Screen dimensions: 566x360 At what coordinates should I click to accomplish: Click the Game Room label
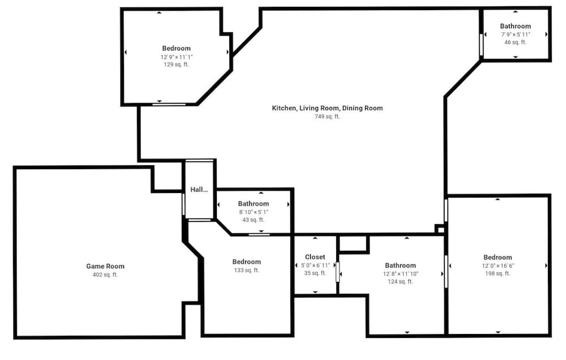point(105,266)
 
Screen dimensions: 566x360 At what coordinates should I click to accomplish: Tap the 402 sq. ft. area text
point(105,275)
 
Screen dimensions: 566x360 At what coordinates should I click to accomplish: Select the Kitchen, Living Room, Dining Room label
point(327,108)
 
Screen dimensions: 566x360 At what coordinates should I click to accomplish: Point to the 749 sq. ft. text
point(327,116)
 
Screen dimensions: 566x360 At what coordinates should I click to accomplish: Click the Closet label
point(315,257)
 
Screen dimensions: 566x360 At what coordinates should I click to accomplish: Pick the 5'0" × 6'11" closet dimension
point(315,265)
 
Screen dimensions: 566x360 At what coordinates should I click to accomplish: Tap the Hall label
point(199,190)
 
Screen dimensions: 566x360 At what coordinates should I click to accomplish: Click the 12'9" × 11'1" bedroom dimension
point(177,57)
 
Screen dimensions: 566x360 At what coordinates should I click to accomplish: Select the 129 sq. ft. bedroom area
point(176,65)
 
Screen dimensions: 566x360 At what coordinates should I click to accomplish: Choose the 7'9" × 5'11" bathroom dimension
point(516,35)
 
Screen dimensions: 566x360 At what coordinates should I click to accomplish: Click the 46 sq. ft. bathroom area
point(516,42)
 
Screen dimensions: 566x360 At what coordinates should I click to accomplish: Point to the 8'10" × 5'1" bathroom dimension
point(254,212)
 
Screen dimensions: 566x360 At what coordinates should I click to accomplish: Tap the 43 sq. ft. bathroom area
point(254,220)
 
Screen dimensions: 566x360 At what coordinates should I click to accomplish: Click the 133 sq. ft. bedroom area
point(247,270)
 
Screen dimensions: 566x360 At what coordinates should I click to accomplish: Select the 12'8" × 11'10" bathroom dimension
point(401,274)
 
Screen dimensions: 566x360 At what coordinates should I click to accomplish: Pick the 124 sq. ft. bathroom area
point(400,282)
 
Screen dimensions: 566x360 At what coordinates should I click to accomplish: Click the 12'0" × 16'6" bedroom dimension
point(498,266)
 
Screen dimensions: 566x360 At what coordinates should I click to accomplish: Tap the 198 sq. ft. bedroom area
point(498,273)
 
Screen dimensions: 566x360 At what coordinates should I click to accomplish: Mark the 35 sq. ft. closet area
point(315,273)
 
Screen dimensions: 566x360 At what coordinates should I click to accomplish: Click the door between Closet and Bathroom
point(338,272)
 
